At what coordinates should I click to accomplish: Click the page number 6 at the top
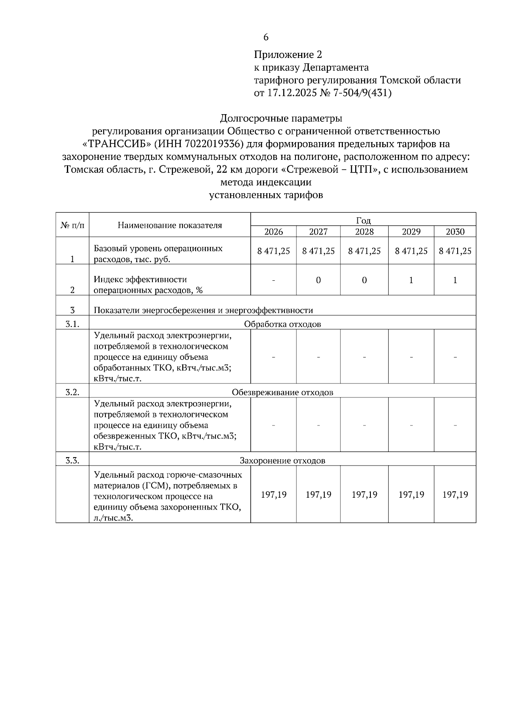[266, 37]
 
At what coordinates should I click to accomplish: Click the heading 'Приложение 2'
[288, 55]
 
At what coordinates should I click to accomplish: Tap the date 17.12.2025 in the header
[292, 93]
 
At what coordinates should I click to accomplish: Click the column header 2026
[273, 232]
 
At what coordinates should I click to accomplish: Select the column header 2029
[411, 232]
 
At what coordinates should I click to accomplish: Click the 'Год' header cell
[363, 220]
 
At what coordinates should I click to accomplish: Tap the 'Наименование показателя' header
[170, 225]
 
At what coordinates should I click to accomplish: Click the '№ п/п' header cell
[72, 225]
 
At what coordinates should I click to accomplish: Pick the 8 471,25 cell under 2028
[364, 251]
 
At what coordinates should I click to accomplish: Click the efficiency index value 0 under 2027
[318, 280]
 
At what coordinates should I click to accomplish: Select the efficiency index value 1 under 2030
[455, 280]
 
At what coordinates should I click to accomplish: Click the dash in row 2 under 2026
[273, 280]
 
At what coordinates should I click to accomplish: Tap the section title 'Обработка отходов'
[282, 324]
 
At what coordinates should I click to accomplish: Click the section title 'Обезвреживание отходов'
[282, 392]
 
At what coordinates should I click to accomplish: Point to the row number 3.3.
[72, 460]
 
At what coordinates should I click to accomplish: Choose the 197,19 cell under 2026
[273, 495]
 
